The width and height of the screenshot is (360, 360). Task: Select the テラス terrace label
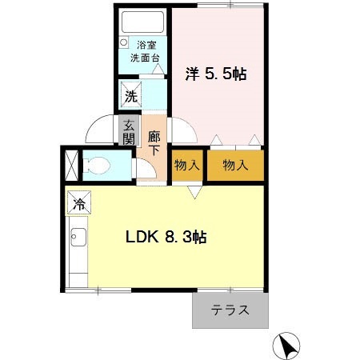tap(230, 311)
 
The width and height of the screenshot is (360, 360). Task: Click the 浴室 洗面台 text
tap(146, 52)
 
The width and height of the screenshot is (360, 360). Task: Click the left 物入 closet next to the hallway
tap(186, 166)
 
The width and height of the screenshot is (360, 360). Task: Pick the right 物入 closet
tap(234, 166)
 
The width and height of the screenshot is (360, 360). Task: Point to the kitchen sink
tap(78, 239)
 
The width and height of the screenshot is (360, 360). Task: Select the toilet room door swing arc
tap(146, 168)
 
